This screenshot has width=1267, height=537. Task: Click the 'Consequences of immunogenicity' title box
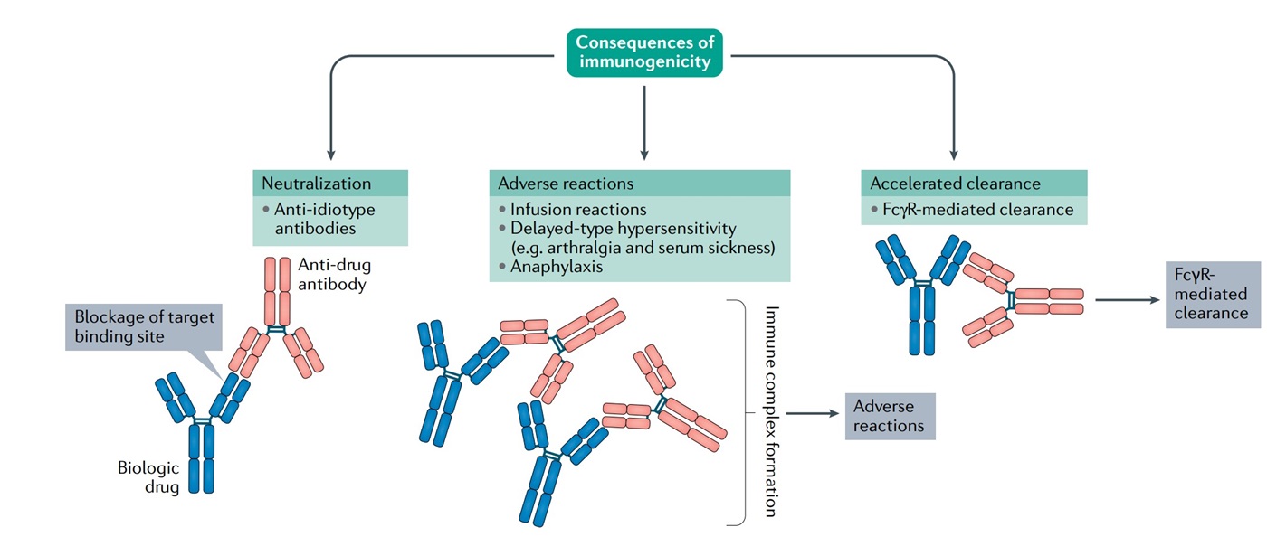[644, 52]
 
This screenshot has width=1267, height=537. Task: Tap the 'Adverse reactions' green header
[639, 183]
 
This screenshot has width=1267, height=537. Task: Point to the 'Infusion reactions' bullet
[575, 210]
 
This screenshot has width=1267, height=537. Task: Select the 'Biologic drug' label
[148, 476]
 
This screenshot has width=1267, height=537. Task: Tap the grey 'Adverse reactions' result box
[890, 416]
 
